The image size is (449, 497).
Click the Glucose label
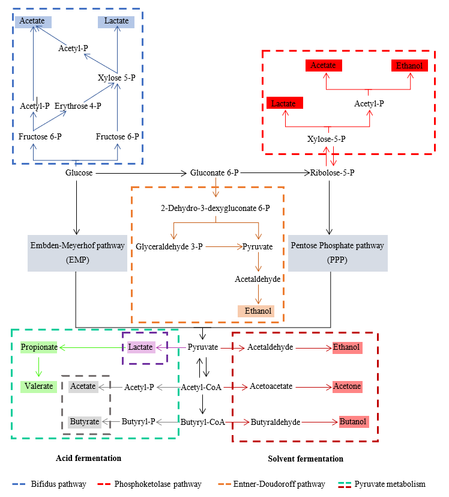(x=79, y=173)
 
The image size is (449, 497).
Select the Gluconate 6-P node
(x=214, y=173)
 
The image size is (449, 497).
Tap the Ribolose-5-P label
(x=332, y=173)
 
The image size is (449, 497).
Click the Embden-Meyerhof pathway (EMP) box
(x=76, y=252)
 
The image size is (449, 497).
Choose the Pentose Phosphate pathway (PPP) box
(x=337, y=252)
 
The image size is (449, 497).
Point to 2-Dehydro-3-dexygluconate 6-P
(x=215, y=209)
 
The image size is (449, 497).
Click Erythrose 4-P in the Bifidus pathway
(x=77, y=106)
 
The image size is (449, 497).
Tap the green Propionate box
(x=39, y=347)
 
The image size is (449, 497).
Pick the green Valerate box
(x=38, y=386)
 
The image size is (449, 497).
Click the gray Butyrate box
(x=84, y=422)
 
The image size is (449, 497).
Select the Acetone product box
(x=347, y=386)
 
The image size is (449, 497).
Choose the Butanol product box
(x=353, y=422)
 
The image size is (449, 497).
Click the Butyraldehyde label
(x=275, y=422)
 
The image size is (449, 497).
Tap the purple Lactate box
(x=141, y=347)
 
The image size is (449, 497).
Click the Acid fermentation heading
(x=88, y=459)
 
